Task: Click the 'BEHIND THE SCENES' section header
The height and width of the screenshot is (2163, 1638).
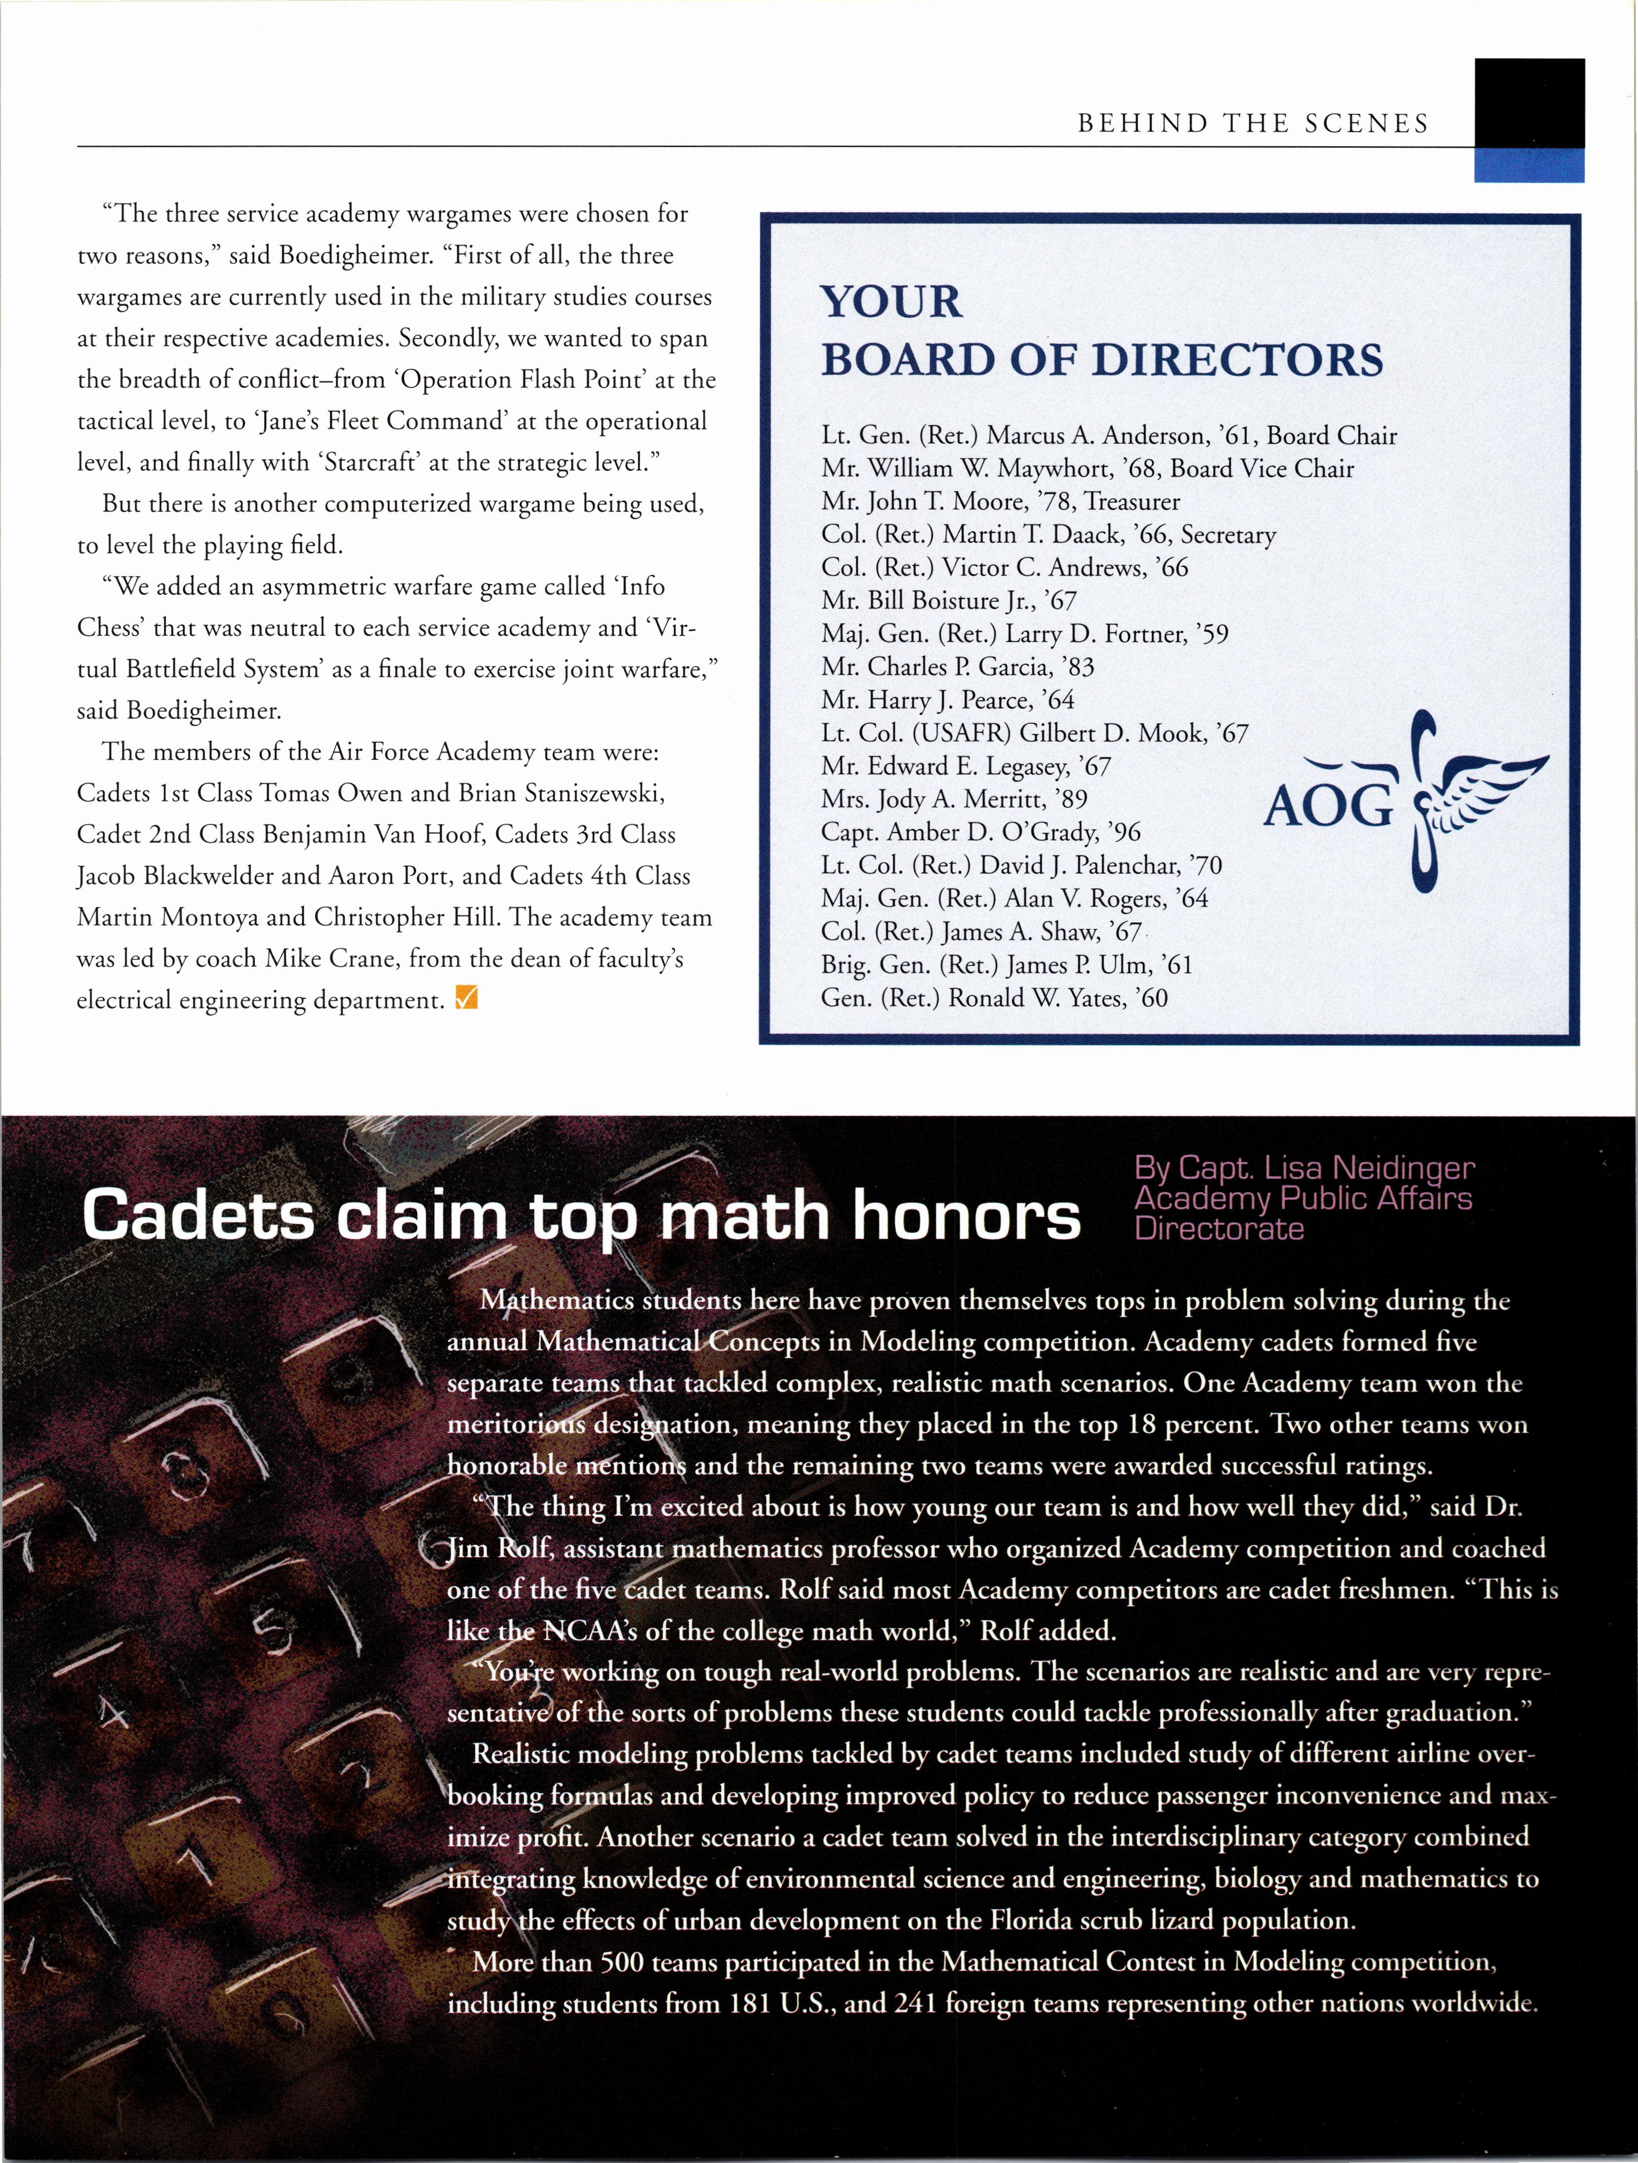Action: [1253, 123]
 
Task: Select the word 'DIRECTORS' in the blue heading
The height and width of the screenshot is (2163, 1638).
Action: [1237, 360]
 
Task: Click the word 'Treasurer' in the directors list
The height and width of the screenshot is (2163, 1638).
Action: [1132, 502]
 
